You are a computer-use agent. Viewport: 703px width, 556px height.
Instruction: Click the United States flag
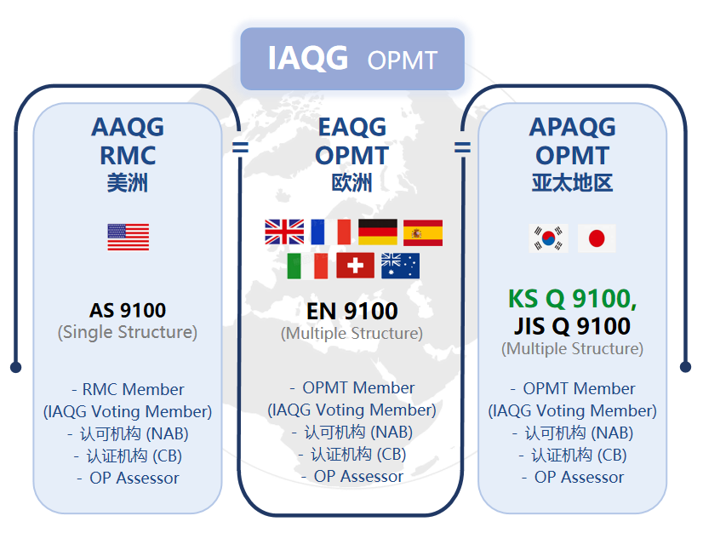point(129,238)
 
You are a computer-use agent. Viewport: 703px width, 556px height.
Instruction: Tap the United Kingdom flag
point(284,232)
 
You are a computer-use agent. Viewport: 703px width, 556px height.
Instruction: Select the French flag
point(331,232)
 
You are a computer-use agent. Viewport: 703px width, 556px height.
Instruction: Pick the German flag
point(378,232)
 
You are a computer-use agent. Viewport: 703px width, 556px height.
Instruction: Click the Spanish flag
point(423,232)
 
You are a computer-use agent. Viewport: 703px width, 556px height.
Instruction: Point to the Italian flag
point(307,266)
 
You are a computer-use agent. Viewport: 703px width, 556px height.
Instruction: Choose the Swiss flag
point(355,266)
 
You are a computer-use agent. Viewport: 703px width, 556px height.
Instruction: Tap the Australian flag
point(400,266)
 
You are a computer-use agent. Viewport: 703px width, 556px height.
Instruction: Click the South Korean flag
point(548,238)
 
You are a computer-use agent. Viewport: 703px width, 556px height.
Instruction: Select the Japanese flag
point(597,238)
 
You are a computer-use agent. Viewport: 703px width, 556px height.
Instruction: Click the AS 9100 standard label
point(128,310)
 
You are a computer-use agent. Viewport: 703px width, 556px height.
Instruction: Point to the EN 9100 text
point(352,311)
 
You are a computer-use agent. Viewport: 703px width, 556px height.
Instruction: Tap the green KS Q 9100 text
point(572,299)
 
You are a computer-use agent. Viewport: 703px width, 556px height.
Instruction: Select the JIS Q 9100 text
point(572,326)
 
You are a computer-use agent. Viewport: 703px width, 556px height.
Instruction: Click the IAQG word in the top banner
point(308,58)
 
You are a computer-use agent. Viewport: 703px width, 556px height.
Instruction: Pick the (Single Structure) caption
point(128,333)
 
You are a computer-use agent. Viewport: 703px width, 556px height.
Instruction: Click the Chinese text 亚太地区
point(572,183)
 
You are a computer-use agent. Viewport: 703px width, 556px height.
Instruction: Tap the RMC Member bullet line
point(128,389)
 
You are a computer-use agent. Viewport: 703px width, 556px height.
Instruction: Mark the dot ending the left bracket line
point(15,367)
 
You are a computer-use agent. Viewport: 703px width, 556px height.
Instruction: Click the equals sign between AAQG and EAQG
point(240,147)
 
